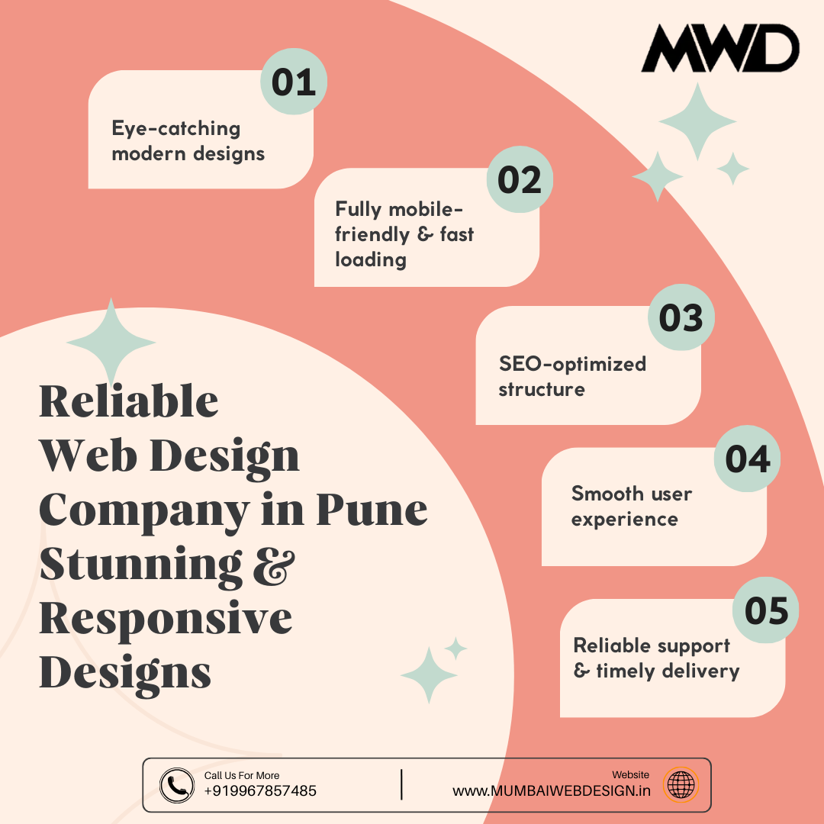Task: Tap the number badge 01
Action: [x=294, y=82]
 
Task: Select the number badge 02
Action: [x=520, y=180]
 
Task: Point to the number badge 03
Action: [x=681, y=318]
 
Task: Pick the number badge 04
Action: [x=747, y=459]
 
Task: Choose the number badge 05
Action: [x=766, y=610]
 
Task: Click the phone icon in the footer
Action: [x=177, y=785]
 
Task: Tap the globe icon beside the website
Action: [x=681, y=785]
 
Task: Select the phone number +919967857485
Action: [x=260, y=791]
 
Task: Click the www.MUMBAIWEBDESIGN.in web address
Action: [x=552, y=791]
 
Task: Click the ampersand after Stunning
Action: [x=272, y=565]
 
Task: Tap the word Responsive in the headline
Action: [x=166, y=619]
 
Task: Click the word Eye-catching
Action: [x=176, y=128]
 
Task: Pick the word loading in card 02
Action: [x=371, y=259]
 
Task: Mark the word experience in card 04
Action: [x=624, y=520]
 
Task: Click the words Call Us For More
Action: [x=242, y=775]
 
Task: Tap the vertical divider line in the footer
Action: [x=401, y=785]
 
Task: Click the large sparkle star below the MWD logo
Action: [x=697, y=121]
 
